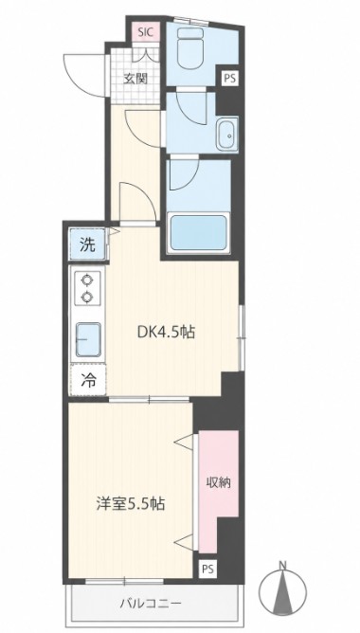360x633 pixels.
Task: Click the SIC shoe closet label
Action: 146,33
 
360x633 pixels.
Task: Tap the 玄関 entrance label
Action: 135,79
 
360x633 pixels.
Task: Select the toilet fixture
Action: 192,48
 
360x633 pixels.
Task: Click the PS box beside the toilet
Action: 229,78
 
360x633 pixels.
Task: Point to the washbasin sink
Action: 227,134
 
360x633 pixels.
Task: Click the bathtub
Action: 199,233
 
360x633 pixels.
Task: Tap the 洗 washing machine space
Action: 88,244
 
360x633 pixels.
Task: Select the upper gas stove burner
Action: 86,280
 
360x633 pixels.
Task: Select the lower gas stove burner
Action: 86,298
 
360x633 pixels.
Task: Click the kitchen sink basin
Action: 88,339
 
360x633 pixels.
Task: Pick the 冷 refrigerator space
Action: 88,379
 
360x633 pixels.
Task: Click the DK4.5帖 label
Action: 167,333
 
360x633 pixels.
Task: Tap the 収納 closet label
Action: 218,482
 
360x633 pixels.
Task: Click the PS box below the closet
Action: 208,570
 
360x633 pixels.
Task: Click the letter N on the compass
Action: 283,565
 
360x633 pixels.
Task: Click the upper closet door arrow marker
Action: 184,442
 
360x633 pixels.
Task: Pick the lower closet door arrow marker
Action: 184,541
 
